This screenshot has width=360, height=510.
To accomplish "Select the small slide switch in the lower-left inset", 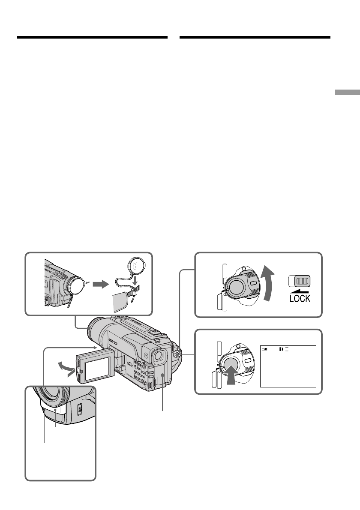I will coord(81,410).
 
